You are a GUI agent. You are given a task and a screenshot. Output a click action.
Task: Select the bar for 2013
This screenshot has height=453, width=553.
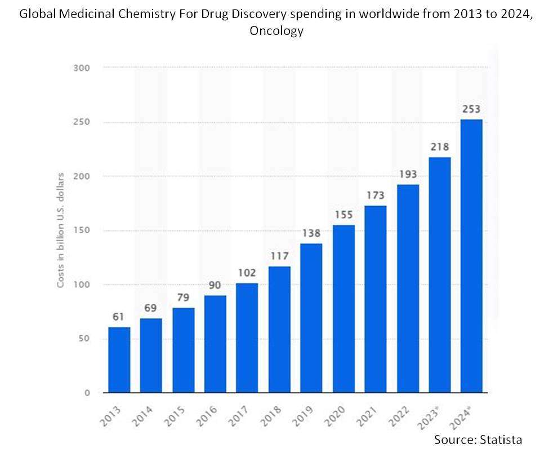[x=119, y=359]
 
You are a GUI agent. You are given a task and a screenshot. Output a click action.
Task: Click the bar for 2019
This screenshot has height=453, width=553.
[x=311, y=318]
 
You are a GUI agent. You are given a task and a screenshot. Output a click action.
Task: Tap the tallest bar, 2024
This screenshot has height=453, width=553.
[x=471, y=256]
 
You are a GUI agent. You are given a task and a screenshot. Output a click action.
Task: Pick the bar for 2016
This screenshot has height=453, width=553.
[x=215, y=344]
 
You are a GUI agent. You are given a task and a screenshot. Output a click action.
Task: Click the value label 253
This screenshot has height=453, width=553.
[x=471, y=109]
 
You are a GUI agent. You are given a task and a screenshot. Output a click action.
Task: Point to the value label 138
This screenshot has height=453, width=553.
[x=311, y=233]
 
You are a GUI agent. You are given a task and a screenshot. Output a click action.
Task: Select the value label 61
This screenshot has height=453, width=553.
[x=119, y=317]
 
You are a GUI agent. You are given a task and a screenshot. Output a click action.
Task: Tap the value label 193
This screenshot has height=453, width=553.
[x=408, y=175]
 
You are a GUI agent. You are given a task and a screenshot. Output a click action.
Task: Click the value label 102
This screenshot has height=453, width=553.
[x=247, y=273]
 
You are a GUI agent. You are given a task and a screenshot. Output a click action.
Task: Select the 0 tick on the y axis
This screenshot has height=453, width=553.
[x=87, y=393]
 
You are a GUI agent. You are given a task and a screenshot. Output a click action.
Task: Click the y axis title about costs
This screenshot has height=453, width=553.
[x=61, y=230]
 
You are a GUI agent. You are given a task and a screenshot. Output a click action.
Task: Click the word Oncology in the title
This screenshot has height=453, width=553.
[x=276, y=31]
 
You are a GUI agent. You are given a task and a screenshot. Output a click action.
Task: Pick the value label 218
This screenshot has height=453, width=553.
[x=439, y=147]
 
